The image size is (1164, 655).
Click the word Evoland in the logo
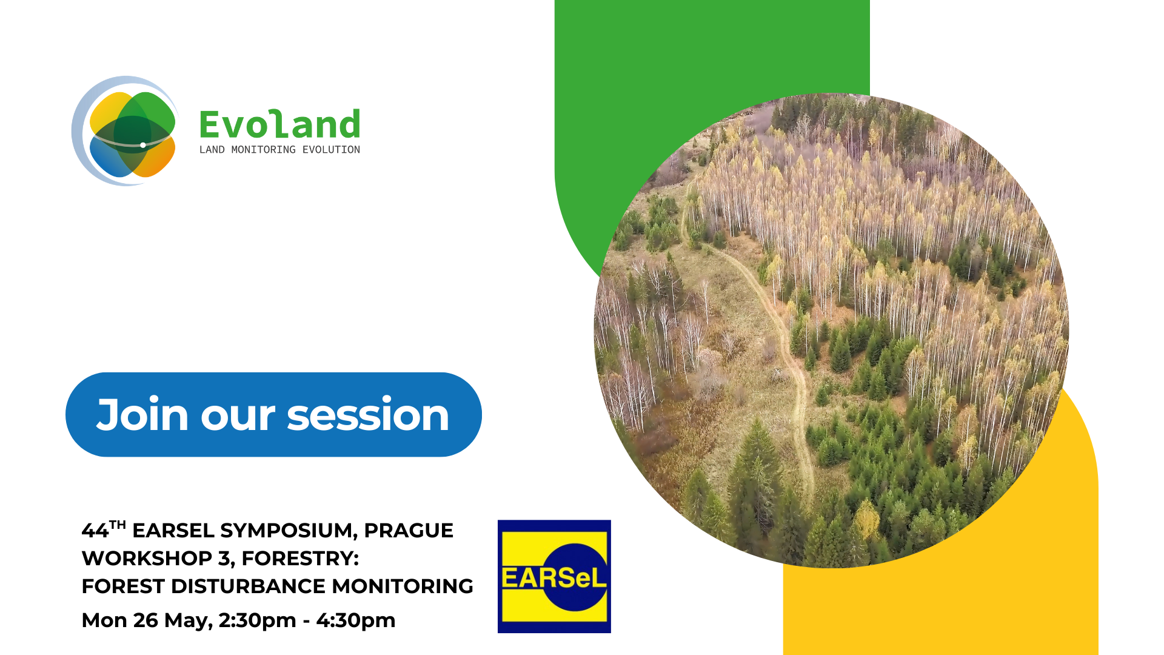point(279,124)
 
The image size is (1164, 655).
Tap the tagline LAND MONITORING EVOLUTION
point(279,149)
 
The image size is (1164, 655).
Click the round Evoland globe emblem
point(125,131)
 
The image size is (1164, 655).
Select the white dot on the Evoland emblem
point(143,145)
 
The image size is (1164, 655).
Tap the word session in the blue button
point(368,415)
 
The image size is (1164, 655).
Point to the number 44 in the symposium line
point(95,531)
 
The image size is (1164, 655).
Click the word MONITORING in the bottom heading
point(403,586)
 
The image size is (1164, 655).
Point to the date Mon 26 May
point(147,620)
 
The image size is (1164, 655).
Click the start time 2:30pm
point(258,620)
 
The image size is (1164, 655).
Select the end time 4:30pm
point(356,620)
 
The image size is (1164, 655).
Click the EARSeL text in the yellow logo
point(554,578)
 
